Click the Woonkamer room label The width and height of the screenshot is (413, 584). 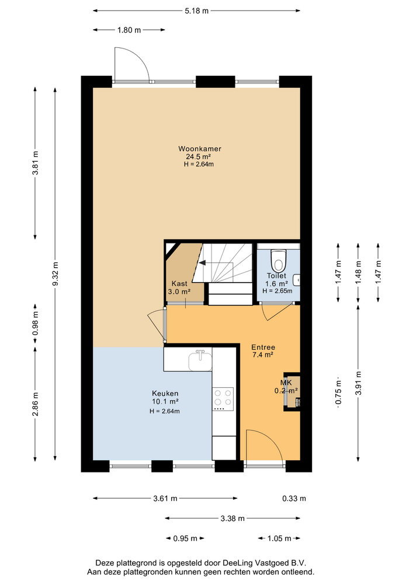(x=200, y=148)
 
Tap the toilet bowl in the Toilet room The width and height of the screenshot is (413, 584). (x=278, y=260)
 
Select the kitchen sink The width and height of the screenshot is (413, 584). (x=200, y=360)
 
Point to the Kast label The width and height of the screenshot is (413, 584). (x=179, y=284)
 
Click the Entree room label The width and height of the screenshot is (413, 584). (x=263, y=347)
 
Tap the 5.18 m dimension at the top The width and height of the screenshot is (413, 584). (x=197, y=11)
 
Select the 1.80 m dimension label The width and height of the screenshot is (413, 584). (x=129, y=30)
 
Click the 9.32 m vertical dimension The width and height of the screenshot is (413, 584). (x=55, y=274)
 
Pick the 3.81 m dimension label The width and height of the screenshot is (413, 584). (x=36, y=163)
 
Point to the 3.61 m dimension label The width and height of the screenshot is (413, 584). (x=165, y=498)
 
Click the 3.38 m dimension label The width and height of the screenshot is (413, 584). (x=232, y=519)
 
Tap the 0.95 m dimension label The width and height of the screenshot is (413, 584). (x=185, y=538)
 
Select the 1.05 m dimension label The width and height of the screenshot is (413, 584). (x=279, y=538)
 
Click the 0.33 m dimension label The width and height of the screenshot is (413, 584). (x=294, y=498)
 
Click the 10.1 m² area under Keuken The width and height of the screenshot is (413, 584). (x=165, y=402)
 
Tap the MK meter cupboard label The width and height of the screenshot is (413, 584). (x=286, y=383)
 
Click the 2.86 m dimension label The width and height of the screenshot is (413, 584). (x=36, y=404)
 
